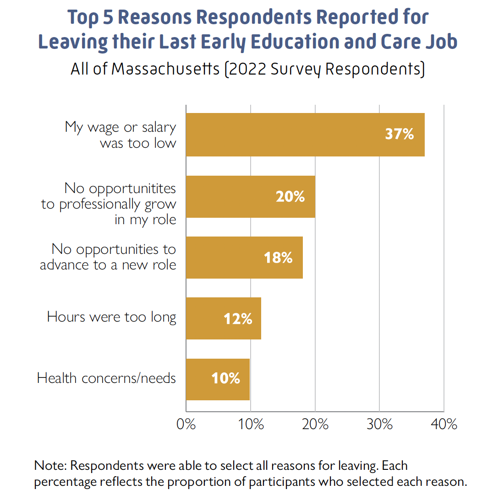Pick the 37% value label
[x=400, y=135]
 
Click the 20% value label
[x=290, y=197]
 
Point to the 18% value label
[x=278, y=258]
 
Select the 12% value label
[x=238, y=318]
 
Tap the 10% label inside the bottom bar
[x=225, y=379]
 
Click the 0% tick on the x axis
[x=186, y=424]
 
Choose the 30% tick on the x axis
[x=380, y=424]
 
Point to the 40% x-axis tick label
[x=444, y=424]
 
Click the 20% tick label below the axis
[x=315, y=424]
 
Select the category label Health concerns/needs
[x=106, y=378]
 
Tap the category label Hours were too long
[x=111, y=317]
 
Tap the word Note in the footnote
[x=50, y=466]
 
